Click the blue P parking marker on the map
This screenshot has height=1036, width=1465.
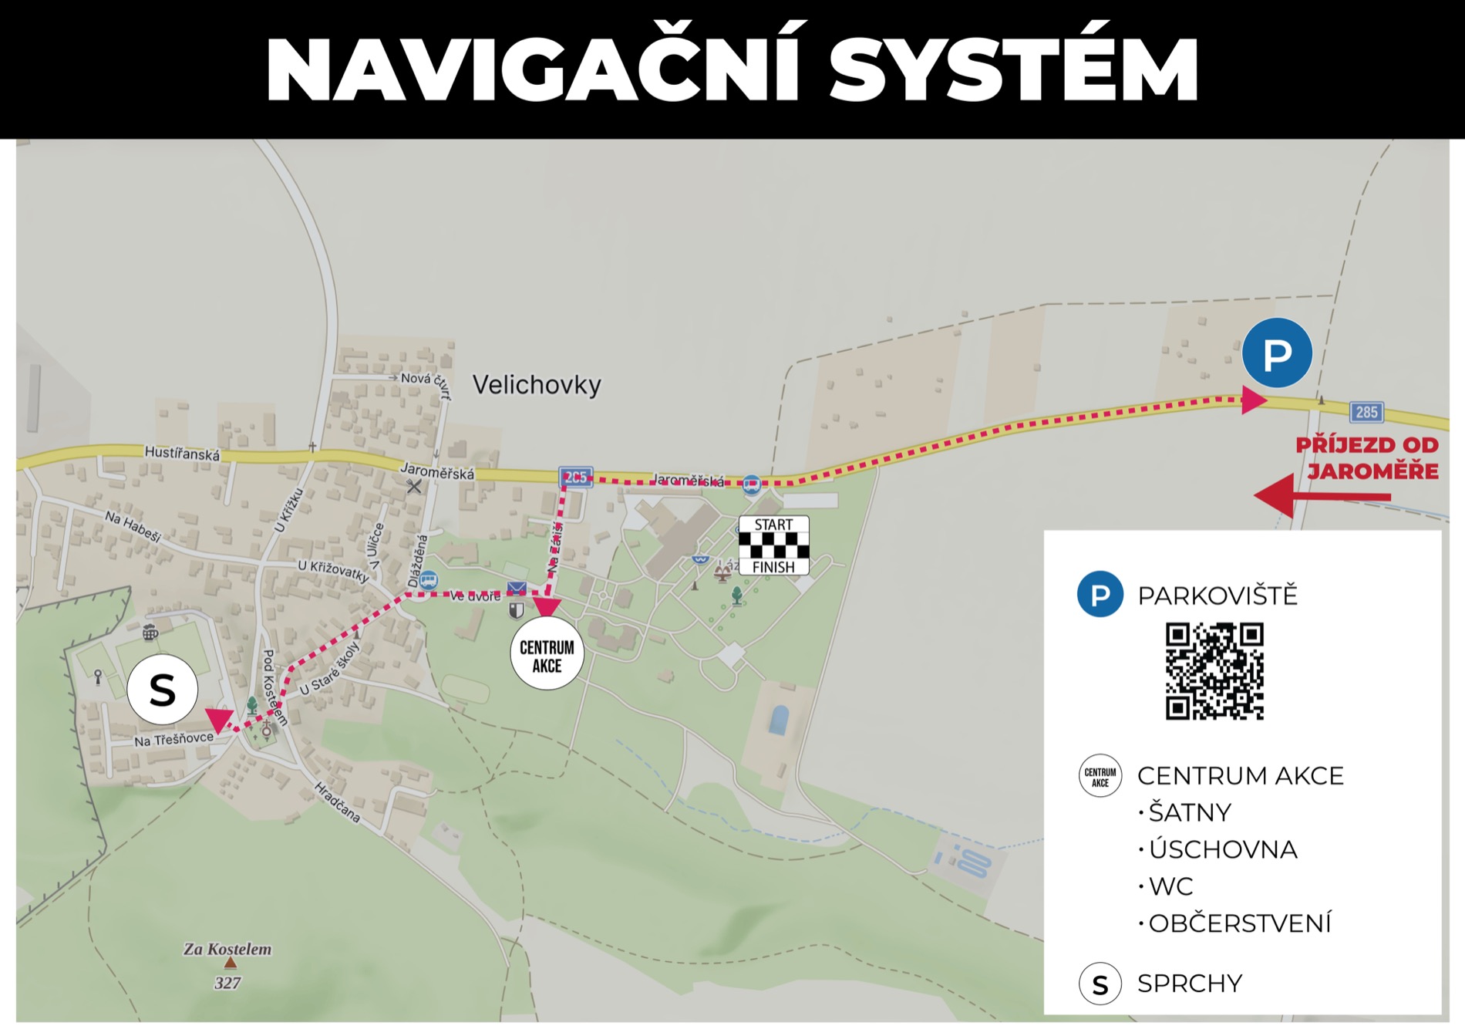(x=1277, y=353)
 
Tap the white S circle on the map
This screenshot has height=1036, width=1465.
(x=163, y=690)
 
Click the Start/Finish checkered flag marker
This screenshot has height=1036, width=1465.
(x=774, y=545)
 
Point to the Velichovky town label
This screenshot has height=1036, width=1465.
(x=537, y=384)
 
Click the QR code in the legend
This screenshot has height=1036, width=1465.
(x=1214, y=671)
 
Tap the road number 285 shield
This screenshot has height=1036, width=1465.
(x=1366, y=412)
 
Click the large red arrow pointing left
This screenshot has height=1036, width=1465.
(x=1322, y=497)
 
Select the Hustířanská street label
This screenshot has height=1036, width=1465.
(x=182, y=454)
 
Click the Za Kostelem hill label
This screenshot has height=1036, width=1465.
(x=227, y=950)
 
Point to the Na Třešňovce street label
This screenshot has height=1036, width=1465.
(x=173, y=739)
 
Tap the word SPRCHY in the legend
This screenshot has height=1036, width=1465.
(x=1190, y=984)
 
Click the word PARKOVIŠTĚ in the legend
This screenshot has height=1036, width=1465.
(x=1217, y=596)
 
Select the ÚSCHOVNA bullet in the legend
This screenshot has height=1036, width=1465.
(x=1222, y=849)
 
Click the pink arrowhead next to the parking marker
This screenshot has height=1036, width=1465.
(x=1253, y=400)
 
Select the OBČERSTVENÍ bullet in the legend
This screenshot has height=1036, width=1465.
(x=1239, y=923)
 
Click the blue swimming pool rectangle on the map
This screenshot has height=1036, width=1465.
(x=779, y=720)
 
